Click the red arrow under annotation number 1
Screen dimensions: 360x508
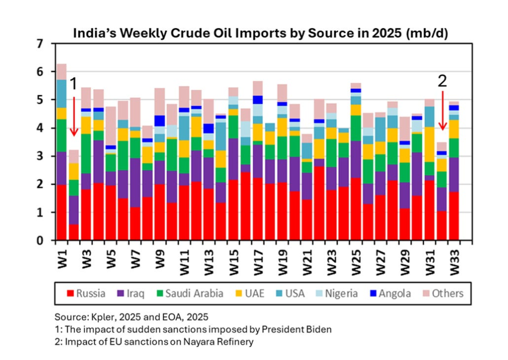coord(73,116)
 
